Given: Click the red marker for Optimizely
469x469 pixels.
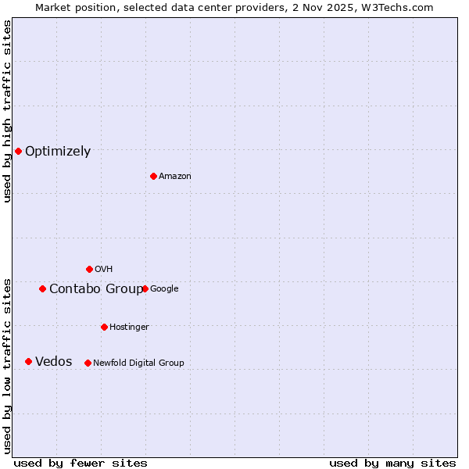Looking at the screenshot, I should tap(18, 151).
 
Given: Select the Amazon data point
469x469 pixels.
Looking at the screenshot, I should tap(153, 176).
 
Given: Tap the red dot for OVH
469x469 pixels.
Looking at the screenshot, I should tap(89, 269).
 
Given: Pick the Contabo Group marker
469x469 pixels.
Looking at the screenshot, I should tap(42, 288).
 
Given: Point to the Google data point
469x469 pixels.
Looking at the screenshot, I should tap(145, 288).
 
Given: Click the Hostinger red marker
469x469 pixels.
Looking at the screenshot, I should tap(104, 327).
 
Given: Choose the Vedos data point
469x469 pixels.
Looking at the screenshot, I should tap(28, 361).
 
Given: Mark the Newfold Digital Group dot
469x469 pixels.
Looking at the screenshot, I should tap(88, 363).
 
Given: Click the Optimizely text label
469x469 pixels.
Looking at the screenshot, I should tap(58, 152).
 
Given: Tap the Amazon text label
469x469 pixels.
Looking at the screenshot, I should tap(175, 177).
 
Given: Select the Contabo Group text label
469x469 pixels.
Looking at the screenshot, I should tap(96, 289).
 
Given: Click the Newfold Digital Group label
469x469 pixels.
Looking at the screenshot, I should tap(138, 363).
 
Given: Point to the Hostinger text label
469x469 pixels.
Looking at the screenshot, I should tap(129, 327).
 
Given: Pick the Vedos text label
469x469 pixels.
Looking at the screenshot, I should tap(54, 362).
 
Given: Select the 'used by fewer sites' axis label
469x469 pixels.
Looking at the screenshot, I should tap(81, 463).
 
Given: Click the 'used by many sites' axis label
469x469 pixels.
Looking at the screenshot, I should tap(392, 463).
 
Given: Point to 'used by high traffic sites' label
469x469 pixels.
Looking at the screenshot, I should tap(8, 111).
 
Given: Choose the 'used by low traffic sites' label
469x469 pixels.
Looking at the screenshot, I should tap(8, 366).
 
